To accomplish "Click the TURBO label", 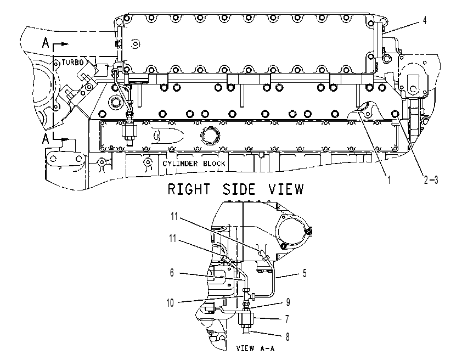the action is [x=72, y=63].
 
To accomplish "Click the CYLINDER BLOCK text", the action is [x=194, y=164].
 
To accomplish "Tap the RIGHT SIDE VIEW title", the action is [x=235, y=189].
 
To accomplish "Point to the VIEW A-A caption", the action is [x=256, y=348].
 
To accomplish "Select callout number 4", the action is [x=425, y=20].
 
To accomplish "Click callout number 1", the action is [x=389, y=179].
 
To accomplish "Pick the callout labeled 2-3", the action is [x=431, y=179].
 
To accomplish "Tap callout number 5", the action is [x=305, y=273].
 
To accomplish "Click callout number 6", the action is [x=172, y=273].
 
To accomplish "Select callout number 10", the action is [x=170, y=303].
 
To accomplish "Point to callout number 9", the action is [x=288, y=302].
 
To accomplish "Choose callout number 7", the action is [x=287, y=319].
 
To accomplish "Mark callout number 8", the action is [x=288, y=336].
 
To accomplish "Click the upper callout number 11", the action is [x=174, y=216].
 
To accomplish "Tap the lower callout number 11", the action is [x=173, y=238].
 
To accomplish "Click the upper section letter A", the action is [x=46, y=43].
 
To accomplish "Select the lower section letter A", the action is [x=46, y=138].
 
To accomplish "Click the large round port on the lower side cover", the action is [x=210, y=135].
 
